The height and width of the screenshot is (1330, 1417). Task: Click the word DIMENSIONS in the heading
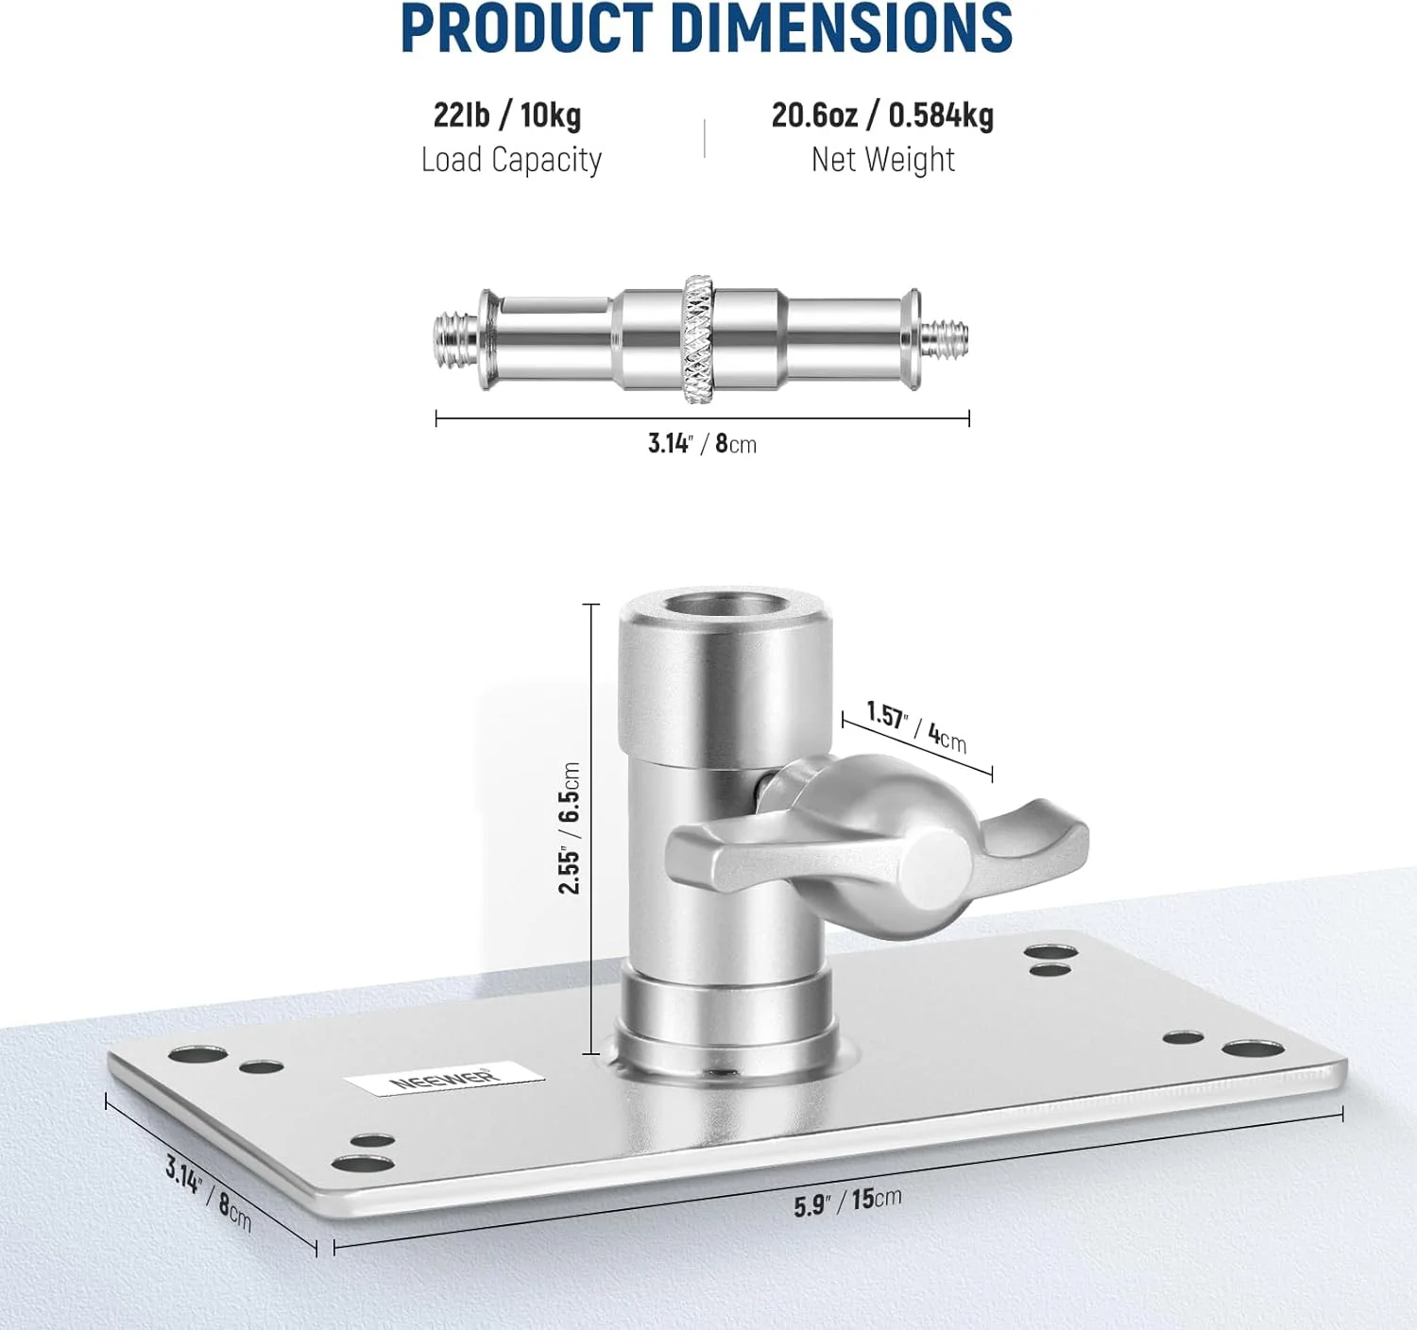(842, 27)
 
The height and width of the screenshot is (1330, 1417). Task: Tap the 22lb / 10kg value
(507, 115)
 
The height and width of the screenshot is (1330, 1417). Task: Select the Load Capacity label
(512, 160)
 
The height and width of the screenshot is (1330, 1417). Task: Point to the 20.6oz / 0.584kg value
(882, 115)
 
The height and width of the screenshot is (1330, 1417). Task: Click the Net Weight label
(882, 160)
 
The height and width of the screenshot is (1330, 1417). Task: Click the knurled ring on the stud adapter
(698, 340)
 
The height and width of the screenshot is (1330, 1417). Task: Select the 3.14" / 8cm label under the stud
(702, 444)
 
